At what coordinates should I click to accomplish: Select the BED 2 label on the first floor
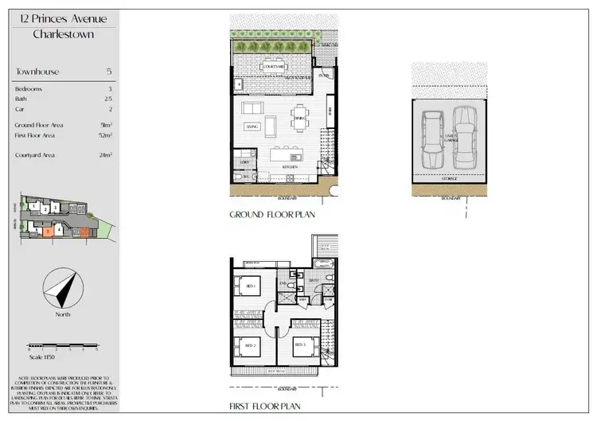point(249,345)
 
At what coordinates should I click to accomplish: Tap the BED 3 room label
point(300,345)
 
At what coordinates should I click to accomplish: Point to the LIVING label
point(252,126)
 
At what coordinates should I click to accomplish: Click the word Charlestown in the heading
point(65,34)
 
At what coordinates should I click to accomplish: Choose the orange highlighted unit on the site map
point(49,232)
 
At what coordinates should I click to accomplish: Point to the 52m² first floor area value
point(107,137)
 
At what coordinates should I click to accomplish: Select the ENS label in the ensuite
point(283,283)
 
